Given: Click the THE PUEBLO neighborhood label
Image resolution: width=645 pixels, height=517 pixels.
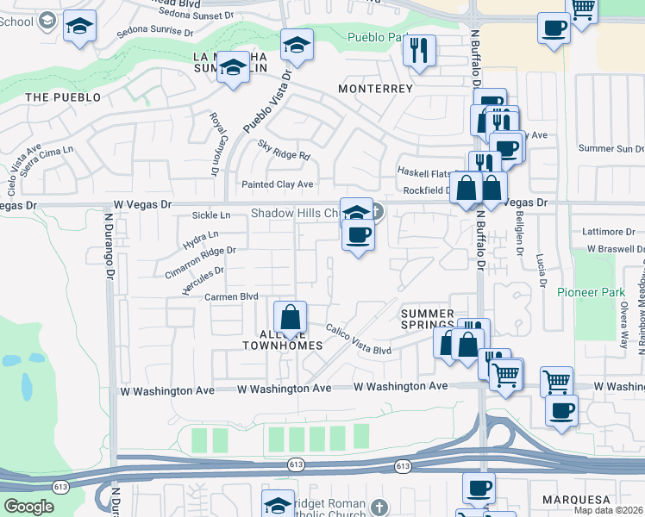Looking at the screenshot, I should [x=63, y=97].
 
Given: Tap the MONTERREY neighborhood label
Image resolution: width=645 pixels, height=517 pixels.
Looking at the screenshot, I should [x=375, y=89].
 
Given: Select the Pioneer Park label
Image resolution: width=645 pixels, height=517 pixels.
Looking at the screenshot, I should [x=589, y=292].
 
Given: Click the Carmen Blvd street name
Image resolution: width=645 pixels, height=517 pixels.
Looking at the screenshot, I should [x=231, y=296].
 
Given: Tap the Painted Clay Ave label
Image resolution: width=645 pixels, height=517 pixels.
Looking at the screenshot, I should [x=277, y=184].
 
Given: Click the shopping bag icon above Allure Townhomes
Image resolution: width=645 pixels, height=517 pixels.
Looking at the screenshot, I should [x=291, y=318].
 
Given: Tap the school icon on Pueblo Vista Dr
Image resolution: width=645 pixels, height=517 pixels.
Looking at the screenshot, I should [x=296, y=45].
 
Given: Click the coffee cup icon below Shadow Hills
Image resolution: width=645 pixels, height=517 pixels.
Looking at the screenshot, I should [x=358, y=235].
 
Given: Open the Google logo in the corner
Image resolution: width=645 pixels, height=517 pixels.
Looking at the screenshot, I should [x=29, y=507].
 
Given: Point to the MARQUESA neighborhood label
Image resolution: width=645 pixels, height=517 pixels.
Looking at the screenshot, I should [x=576, y=500].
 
